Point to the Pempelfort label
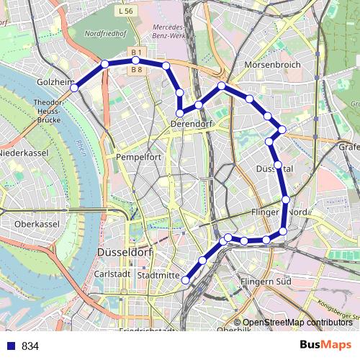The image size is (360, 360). (137, 156)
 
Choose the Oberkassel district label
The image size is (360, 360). (36, 224)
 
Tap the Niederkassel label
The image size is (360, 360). (24, 153)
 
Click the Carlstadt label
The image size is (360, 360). (112, 274)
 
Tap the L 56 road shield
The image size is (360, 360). (124, 12)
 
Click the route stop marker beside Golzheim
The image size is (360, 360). (74, 88)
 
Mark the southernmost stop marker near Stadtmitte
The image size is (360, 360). (186, 280)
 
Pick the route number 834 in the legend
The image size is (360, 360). (30, 346)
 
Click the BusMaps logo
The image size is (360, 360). (325, 345)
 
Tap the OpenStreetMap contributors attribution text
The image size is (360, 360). (297, 322)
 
